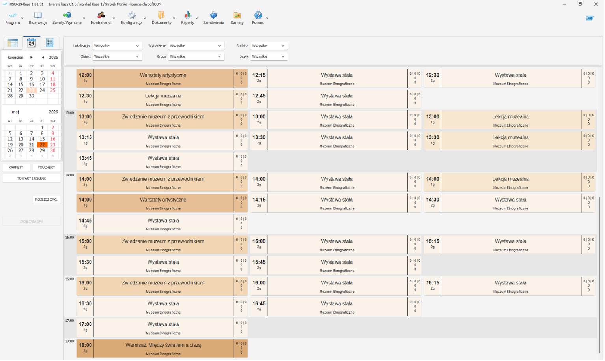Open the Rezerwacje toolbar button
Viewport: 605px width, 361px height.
[38, 18]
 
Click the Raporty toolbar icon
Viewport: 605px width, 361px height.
[188, 18]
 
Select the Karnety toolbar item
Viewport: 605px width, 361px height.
[237, 18]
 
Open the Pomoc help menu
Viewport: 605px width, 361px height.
[258, 18]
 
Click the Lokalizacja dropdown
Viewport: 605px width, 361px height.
[117, 46]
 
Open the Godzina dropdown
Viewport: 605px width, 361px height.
[269, 46]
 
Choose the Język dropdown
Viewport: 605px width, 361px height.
[269, 56]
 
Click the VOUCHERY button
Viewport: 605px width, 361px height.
[46, 168]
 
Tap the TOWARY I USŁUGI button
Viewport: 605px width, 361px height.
[31, 178]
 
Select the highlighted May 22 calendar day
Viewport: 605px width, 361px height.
[42, 145]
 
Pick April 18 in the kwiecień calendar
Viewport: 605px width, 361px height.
[53, 84]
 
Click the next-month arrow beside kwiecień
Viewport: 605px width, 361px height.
[31, 58]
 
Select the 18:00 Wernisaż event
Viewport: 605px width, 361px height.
[162, 348]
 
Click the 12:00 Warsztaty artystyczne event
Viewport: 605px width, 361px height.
[162, 79]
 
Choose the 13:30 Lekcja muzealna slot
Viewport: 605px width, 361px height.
[510, 141]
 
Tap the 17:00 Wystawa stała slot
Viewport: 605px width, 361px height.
[162, 328]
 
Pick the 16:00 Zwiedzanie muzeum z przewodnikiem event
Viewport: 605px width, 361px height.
[162, 286]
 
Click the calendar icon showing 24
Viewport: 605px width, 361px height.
[32, 43]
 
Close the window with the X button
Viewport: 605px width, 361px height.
[596, 4]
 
